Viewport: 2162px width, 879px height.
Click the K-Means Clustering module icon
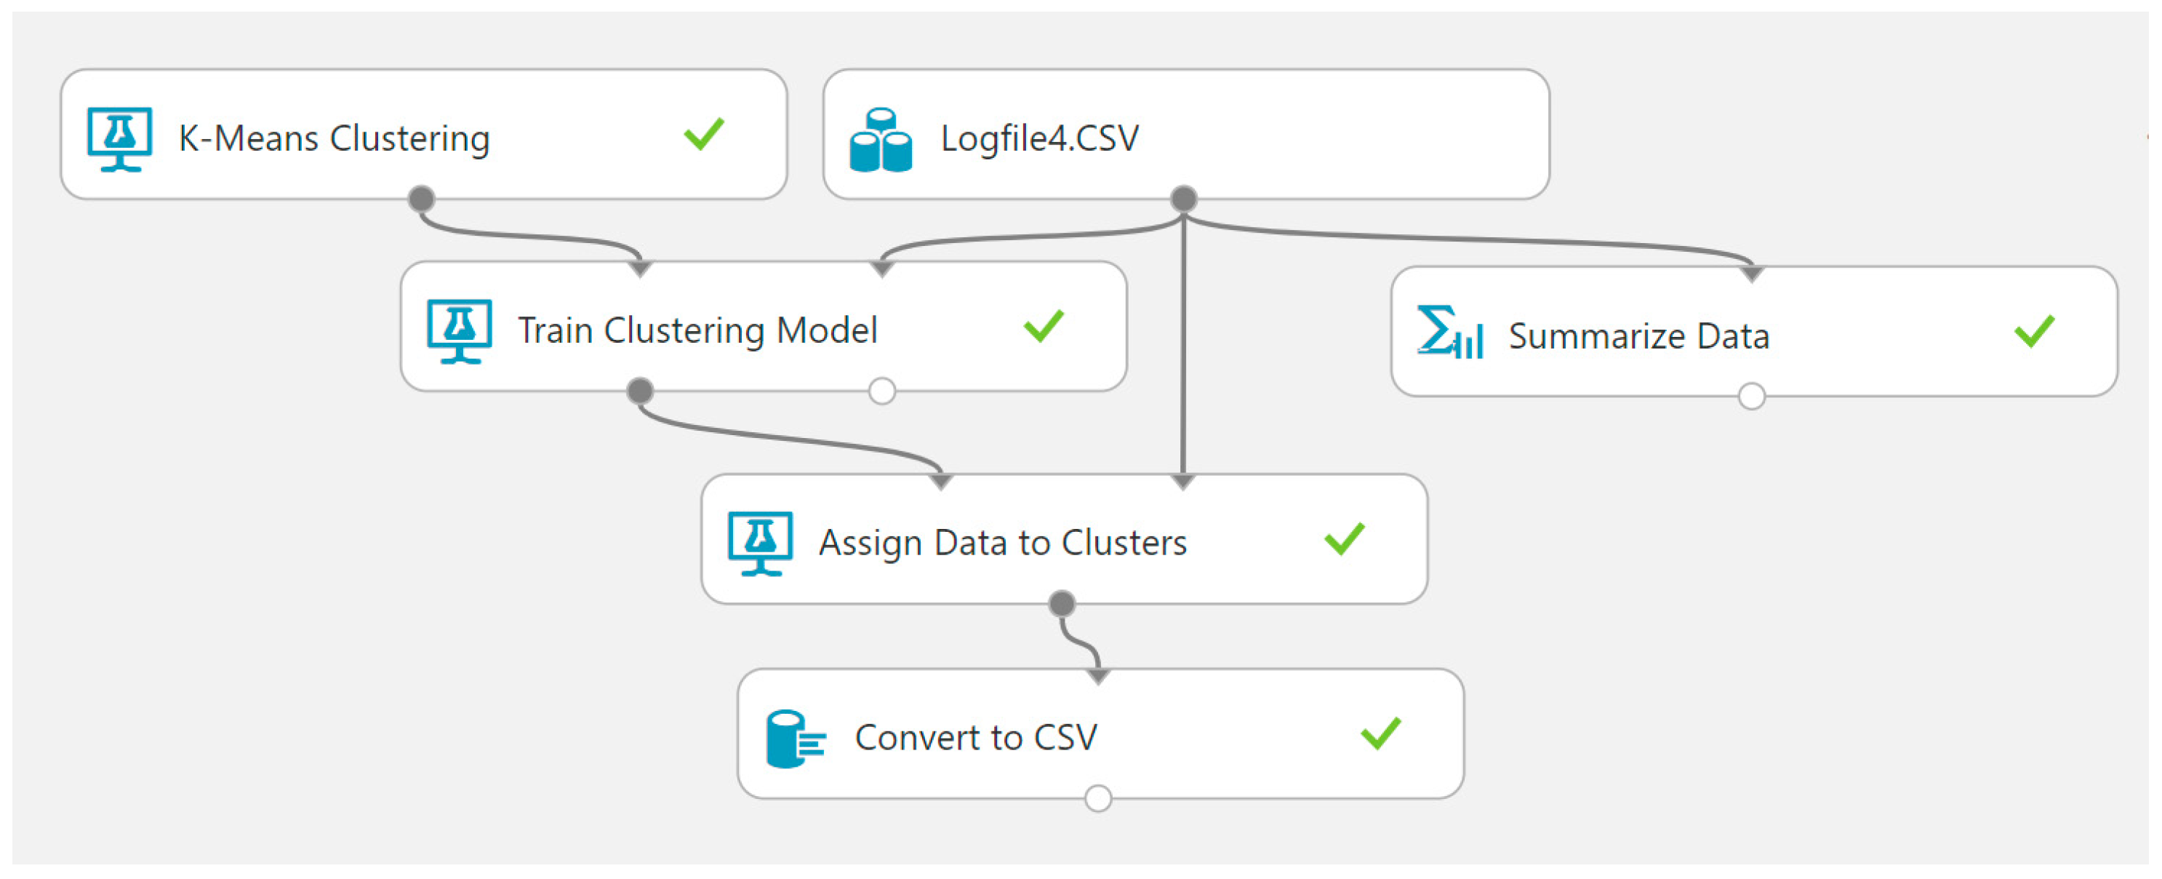tap(120, 138)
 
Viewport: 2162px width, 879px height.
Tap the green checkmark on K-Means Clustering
tap(703, 135)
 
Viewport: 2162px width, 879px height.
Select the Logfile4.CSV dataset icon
tap(881, 140)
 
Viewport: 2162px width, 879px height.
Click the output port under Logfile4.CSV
tap(1183, 199)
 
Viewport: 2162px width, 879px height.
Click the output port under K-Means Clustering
tap(421, 199)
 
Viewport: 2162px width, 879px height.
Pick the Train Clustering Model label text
tap(697, 330)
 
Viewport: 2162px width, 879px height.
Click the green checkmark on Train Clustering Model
tap(1044, 327)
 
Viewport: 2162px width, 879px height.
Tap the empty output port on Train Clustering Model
tap(882, 391)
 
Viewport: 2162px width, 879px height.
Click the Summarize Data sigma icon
tap(1449, 333)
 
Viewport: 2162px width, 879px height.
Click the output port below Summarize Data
tap(1752, 397)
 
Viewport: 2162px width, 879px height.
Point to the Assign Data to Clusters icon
tap(761, 543)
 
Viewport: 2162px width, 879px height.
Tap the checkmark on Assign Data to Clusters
tap(1345, 539)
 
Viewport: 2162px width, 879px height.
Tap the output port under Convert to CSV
tap(1099, 798)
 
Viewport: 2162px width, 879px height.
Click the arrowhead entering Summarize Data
tap(1752, 274)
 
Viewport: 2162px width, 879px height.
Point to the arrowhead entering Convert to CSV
tap(1099, 677)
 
